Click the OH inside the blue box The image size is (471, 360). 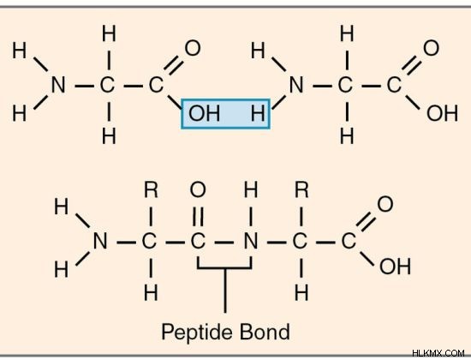click(204, 113)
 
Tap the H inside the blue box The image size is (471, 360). click(258, 113)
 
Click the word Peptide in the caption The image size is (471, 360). click(196, 333)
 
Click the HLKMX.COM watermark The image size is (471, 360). click(438, 353)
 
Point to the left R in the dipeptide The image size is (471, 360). click(151, 190)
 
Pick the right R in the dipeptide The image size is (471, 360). click(301, 190)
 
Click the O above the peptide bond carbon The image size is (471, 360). click(198, 190)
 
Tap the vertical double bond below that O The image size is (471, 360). click(198, 216)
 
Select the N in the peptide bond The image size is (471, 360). click(251, 241)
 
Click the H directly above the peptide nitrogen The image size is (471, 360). click(251, 190)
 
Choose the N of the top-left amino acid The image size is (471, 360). click(58, 85)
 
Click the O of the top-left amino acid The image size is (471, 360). click(193, 48)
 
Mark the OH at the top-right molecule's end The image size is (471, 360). click(442, 113)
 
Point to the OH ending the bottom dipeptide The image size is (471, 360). click(395, 267)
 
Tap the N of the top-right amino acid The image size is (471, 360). click(296, 85)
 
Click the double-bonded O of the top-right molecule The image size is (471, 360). click(431, 48)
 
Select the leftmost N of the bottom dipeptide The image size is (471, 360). click(100, 241)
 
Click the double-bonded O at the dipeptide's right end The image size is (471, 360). click(385, 204)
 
